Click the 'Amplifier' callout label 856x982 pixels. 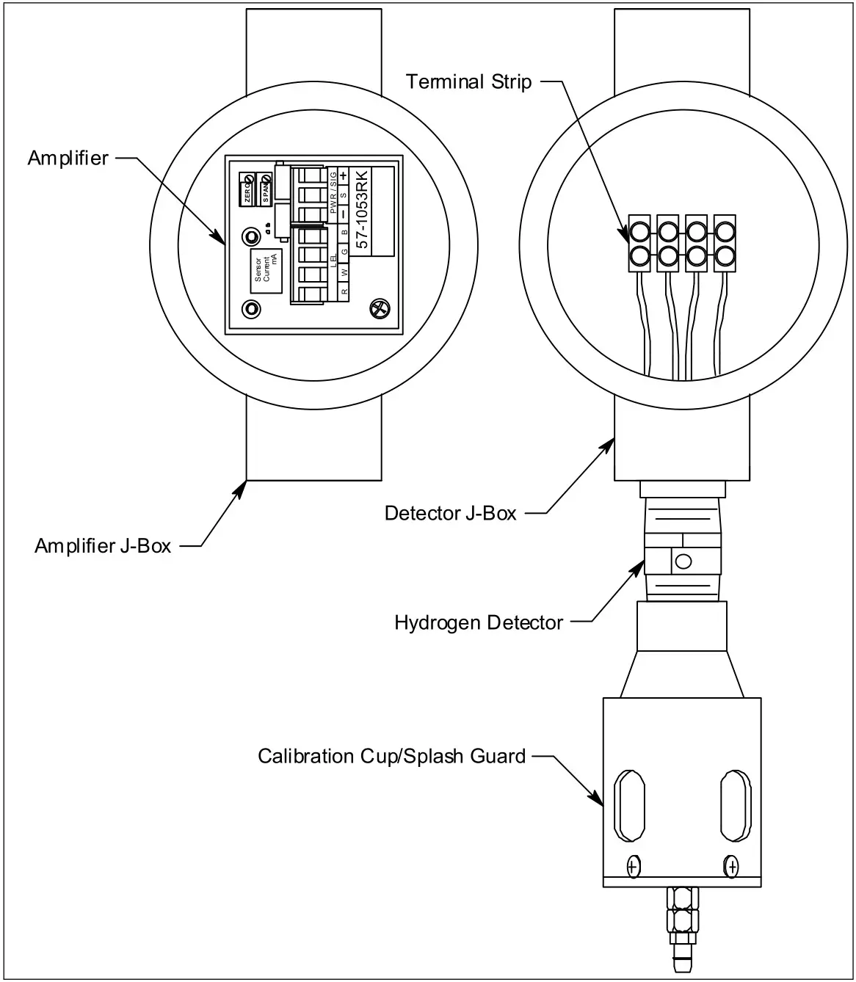(x=68, y=158)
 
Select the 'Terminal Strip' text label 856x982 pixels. (x=468, y=81)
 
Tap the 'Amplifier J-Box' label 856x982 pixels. (x=103, y=546)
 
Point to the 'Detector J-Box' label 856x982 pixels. (x=450, y=513)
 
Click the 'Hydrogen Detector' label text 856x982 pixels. (x=479, y=623)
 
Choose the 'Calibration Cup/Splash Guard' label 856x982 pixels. (x=391, y=756)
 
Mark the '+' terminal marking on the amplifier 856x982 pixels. (x=343, y=175)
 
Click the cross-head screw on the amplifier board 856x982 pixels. (x=379, y=310)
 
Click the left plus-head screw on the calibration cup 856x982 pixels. (x=631, y=868)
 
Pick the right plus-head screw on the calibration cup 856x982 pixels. (x=731, y=868)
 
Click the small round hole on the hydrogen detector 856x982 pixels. (x=683, y=562)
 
